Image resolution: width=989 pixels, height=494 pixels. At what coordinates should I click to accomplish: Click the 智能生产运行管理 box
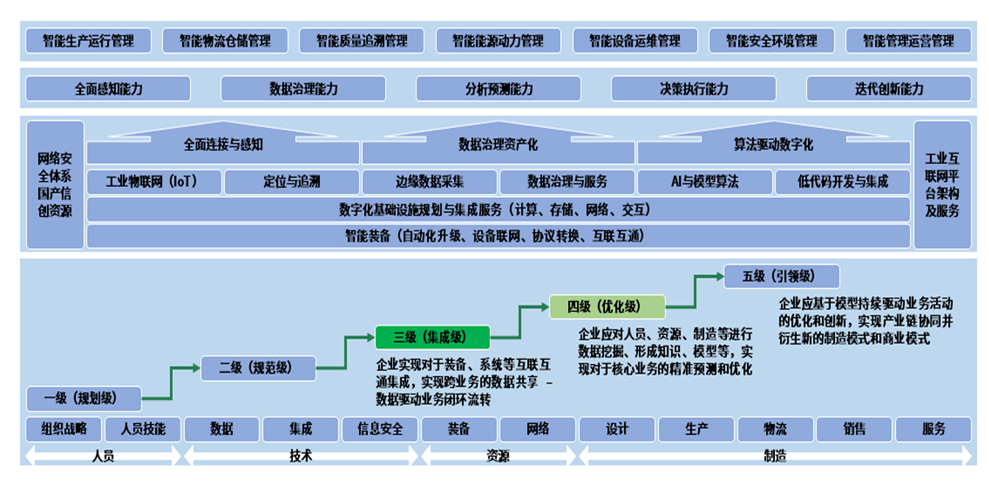(x=88, y=41)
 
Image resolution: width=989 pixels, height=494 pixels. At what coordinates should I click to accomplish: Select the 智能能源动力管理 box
(x=498, y=41)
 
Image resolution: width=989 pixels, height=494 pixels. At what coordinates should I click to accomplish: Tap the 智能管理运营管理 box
(x=908, y=41)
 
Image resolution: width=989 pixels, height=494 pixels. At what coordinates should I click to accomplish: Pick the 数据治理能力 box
(x=303, y=89)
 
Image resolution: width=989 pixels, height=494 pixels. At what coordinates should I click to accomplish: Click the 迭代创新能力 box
(x=888, y=89)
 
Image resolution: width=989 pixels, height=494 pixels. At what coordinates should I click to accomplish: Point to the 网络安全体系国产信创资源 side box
(x=55, y=185)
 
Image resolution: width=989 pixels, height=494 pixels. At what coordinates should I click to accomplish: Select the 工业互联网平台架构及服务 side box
(x=942, y=185)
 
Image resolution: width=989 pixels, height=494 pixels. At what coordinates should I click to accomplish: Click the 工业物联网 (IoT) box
(x=154, y=182)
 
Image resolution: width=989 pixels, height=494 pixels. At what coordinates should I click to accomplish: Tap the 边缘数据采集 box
(x=430, y=182)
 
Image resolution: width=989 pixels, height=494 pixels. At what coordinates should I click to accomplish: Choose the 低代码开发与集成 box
(x=843, y=182)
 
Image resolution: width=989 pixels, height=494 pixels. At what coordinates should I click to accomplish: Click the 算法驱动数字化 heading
(x=773, y=145)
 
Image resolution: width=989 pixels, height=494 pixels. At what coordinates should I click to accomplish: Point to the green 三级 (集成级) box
(x=432, y=337)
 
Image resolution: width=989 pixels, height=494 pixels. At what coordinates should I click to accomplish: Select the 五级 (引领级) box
(x=781, y=277)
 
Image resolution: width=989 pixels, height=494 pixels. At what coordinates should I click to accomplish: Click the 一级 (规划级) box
(x=83, y=398)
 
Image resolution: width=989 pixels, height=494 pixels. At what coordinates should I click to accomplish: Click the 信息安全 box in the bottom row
(x=380, y=428)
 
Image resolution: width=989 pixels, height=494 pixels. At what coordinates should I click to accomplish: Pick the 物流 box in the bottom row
(x=775, y=428)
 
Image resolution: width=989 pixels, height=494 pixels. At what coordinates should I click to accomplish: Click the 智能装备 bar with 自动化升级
(x=499, y=236)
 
